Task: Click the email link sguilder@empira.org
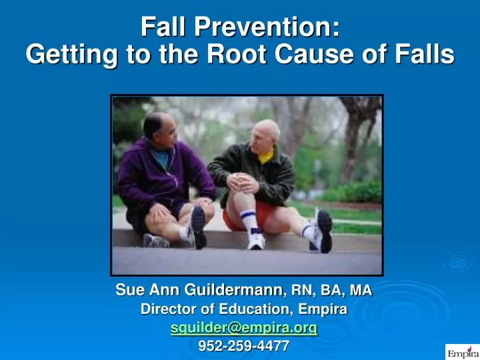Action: tap(244, 328)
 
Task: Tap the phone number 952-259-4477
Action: tap(244, 345)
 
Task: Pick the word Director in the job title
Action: tap(167, 309)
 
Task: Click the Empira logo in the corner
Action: tap(461, 351)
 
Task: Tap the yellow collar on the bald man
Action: tap(267, 158)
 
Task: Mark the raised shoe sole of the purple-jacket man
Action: tap(198, 227)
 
